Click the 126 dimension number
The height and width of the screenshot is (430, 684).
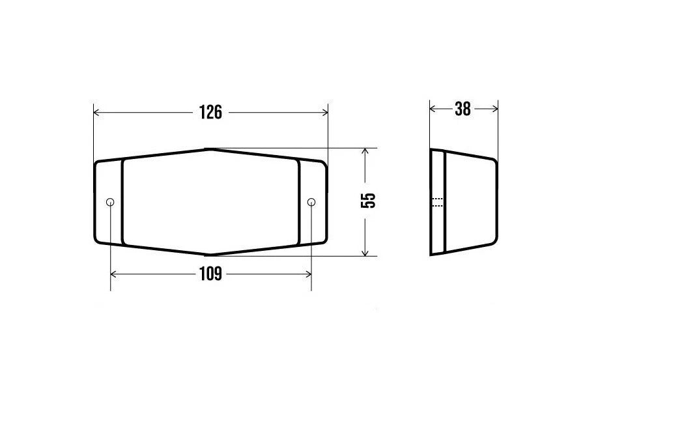[x=210, y=112]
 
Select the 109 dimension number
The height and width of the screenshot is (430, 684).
[x=210, y=274]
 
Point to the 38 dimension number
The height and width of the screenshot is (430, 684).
[x=463, y=109]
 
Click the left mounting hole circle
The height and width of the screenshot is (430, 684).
[x=110, y=202]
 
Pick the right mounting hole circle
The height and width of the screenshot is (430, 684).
[x=311, y=202]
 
